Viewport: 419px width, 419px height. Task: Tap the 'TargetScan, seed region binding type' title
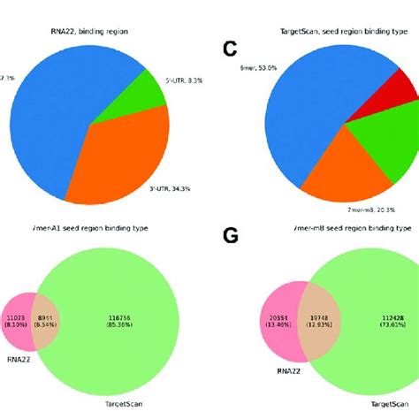(337, 32)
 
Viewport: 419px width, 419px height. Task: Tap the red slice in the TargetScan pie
(399, 94)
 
